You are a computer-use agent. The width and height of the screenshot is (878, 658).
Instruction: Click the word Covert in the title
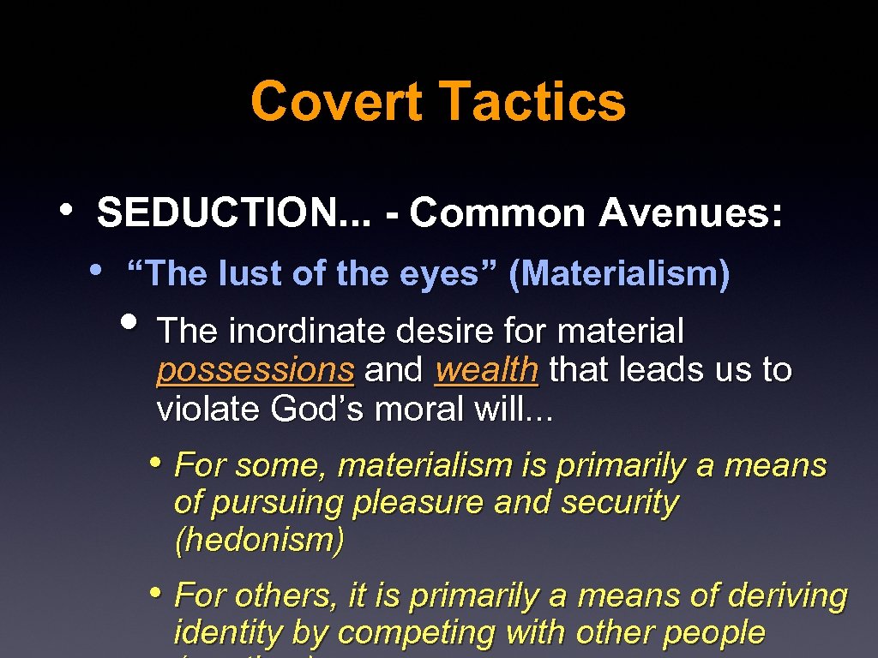coord(336,101)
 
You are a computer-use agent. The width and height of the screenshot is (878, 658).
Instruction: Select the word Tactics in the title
coord(532,101)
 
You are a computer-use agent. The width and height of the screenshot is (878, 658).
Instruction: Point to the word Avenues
coord(690,213)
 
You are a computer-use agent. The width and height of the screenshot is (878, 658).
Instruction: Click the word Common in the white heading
coord(500,213)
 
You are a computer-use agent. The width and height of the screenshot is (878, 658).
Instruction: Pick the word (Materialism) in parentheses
coord(619,274)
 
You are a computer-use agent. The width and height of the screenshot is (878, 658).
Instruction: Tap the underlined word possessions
coord(256,371)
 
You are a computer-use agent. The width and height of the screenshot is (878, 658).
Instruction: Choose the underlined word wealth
coord(486,371)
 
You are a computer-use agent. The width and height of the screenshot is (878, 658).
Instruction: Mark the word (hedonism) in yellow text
coord(259,541)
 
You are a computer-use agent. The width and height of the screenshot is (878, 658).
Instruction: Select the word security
coord(619,503)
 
